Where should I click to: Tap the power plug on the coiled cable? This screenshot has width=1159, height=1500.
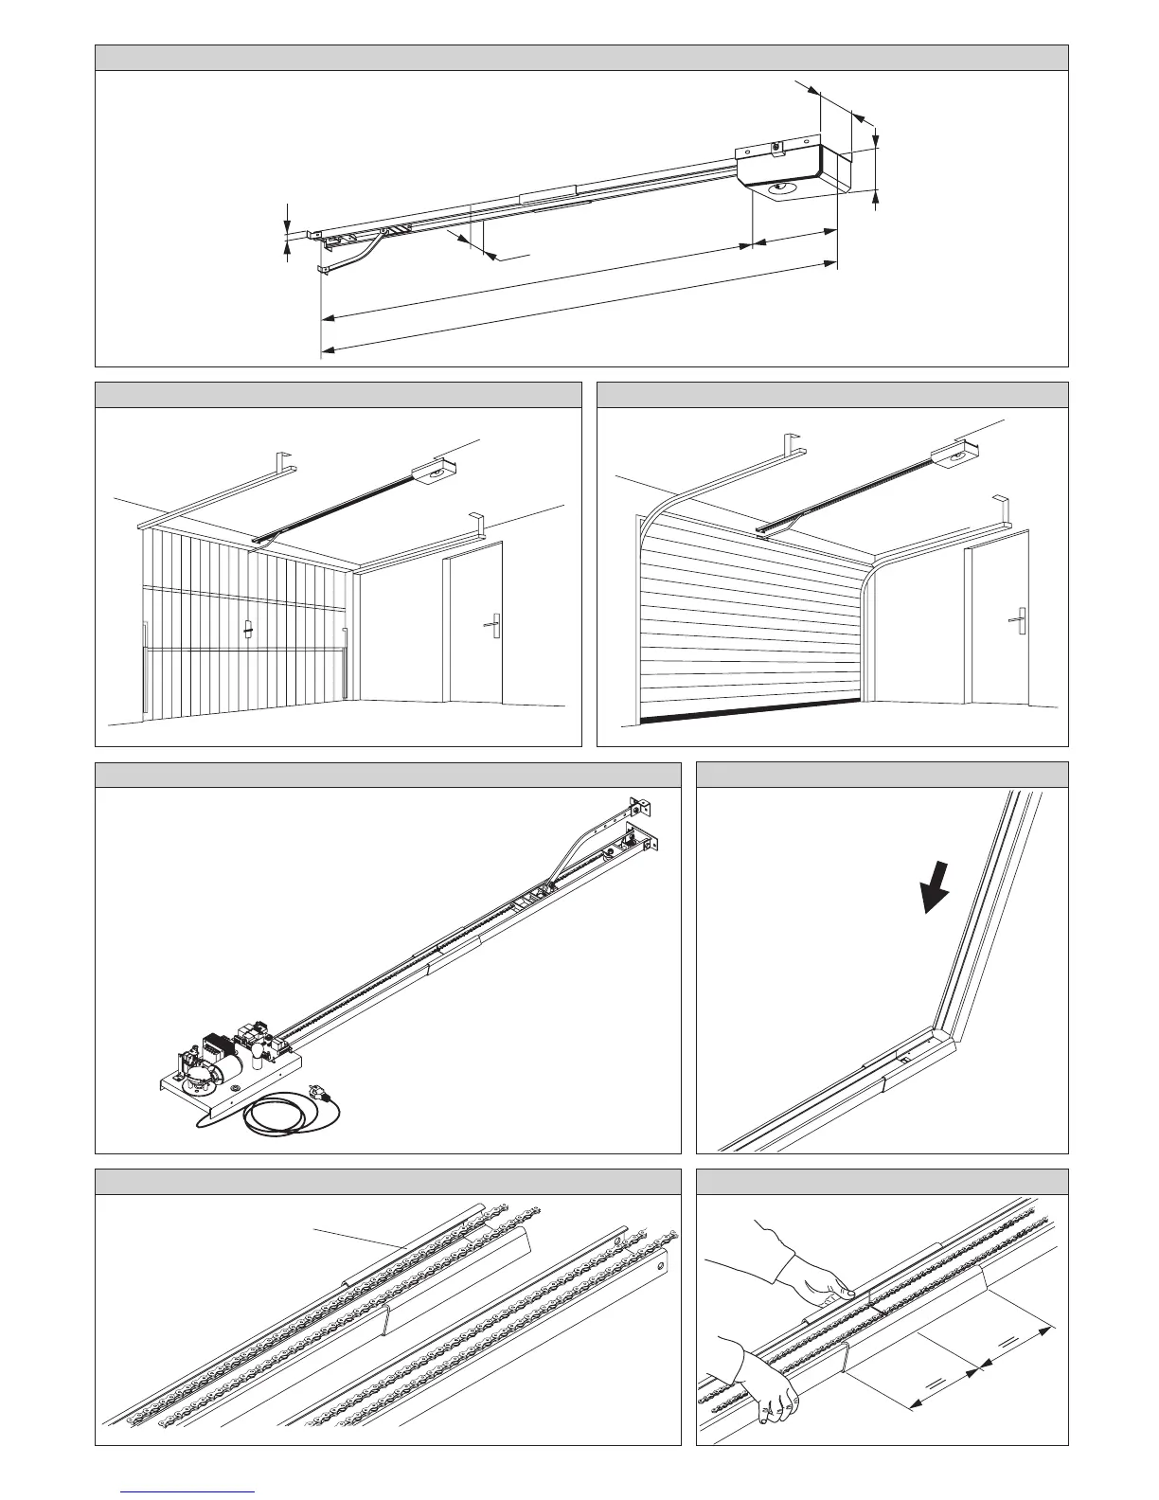click(x=324, y=1101)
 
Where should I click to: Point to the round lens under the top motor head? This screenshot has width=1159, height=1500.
click(x=781, y=190)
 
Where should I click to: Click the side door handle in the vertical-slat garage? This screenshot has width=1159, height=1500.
click(x=491, y=622)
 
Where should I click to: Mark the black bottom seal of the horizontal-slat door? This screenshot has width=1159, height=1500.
click(x=748, y=713)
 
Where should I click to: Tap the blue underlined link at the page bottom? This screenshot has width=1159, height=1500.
click(x=188, y=1491)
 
